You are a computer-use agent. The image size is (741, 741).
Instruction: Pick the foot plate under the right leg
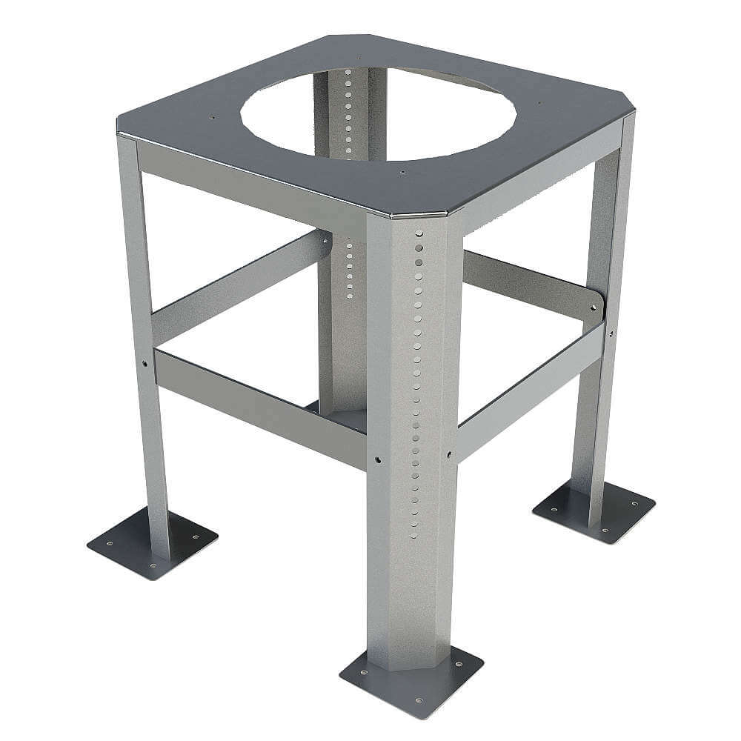594,511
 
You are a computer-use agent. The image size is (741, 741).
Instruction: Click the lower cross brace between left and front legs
259,408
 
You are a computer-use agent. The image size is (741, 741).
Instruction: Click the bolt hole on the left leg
144,363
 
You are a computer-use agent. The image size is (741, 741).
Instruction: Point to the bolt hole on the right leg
611,334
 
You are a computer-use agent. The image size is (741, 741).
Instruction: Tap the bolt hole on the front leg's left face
378,460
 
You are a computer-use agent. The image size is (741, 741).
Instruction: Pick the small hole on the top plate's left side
212,117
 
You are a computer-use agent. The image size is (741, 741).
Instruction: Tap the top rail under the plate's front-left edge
252,185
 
